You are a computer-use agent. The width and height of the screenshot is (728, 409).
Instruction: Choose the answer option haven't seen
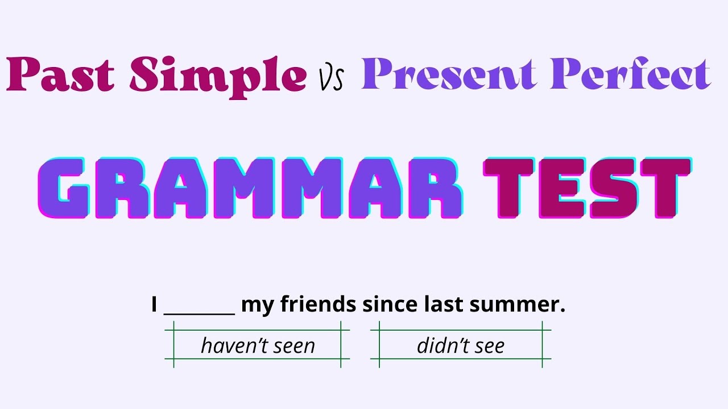[258, 345]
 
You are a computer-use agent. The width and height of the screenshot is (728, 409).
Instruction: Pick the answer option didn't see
[461, 345]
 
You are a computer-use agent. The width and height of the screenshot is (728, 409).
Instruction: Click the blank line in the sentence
[199, 310]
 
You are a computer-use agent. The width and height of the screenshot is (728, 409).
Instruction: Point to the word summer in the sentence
[517, 305]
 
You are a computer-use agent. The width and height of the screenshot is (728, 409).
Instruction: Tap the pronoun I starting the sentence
[154, 305]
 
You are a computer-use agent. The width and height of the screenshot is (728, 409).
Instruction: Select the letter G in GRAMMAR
[63, 188]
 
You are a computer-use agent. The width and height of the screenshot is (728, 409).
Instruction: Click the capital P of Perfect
[566, 73]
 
